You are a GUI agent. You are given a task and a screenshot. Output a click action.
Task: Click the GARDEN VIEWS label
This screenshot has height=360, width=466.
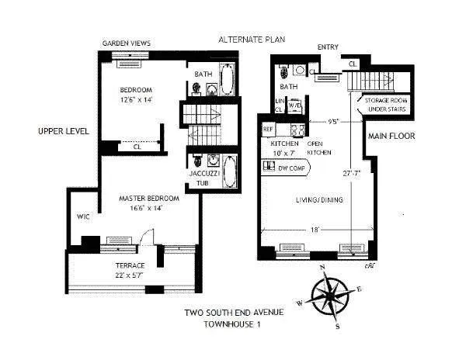tap(127, 43)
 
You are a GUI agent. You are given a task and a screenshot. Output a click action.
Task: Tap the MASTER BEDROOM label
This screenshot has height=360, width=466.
tap(149, 199)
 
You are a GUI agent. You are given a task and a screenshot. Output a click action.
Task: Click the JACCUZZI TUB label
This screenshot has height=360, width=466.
tap(200, 178)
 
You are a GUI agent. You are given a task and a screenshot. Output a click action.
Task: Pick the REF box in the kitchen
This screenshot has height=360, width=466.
tap(268, 129)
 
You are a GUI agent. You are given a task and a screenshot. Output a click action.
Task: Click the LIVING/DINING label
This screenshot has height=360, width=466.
tap(318, 201)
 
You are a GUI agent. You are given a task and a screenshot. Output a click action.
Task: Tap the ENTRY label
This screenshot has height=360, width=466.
tap(328, 47)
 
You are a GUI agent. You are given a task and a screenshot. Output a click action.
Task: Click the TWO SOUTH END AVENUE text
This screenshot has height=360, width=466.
tap(233, 313)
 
